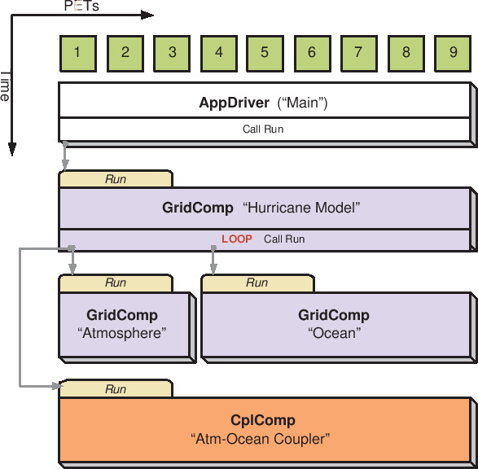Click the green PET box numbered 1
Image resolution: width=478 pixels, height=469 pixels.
78,54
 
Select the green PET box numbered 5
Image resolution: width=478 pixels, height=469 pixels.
265,54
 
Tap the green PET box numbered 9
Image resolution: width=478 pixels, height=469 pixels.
453,54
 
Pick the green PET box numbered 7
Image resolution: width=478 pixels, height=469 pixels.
359,54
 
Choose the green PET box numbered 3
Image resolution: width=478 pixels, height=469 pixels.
172,54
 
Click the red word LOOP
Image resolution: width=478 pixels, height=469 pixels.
237,239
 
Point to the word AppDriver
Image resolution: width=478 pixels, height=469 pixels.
235,103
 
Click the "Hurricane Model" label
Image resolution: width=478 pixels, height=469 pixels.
301,208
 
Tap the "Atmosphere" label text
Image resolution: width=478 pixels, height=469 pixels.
122,333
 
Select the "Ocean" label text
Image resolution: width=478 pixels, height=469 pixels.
334,333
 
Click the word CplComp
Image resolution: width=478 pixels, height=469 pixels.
263,420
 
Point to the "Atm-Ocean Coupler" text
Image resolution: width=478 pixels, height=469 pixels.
260,439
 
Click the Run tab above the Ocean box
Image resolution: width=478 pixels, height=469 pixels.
257,283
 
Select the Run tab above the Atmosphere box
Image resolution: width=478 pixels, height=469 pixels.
116,283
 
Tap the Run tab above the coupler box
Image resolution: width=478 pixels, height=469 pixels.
116,388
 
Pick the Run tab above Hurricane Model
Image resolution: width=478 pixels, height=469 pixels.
116,179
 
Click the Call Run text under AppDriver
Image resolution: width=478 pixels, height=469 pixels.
263,129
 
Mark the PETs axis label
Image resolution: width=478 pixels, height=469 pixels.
81,6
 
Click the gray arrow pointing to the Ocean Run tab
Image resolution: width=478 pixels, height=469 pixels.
213,260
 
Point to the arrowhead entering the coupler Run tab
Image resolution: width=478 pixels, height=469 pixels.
57,386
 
